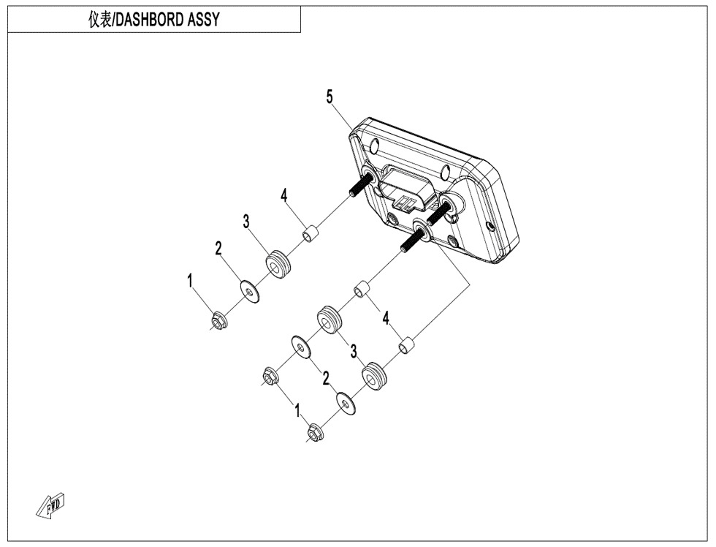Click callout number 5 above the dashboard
[x=330, y=97]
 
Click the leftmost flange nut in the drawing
[x=217, y=320]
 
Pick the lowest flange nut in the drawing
[x=316, y=434]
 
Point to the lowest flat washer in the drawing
[x=346, y=403]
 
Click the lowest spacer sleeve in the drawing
[x=408, y=343]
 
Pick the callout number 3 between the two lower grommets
[x=353, y=352]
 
